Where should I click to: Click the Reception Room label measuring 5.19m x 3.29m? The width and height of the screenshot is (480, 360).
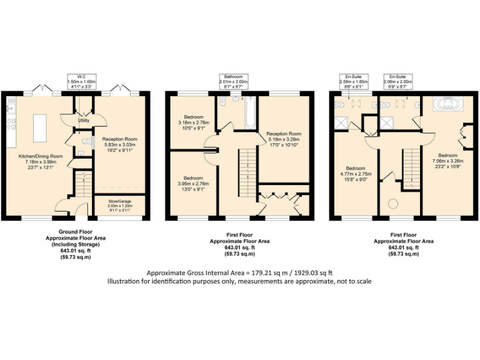click(x=284, y=139)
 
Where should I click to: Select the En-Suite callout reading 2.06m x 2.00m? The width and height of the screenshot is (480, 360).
click(x=398, y=82)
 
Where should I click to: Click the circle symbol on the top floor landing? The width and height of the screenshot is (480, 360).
click(x=394, y=203)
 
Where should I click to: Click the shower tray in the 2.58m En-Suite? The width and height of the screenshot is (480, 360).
click(x=342, y=121)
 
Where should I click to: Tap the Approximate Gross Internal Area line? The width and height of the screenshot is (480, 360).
click(x=239, y=272)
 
